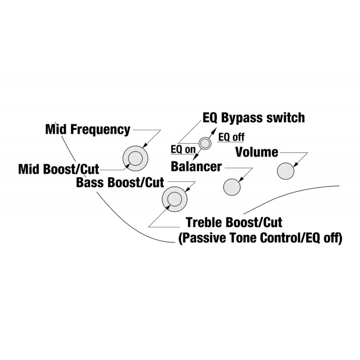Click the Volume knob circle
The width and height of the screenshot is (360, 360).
[x=286, y=171]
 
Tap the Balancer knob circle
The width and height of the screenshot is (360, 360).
[x=232, y=187]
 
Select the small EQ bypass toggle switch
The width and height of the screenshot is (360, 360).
[x=205, y=144]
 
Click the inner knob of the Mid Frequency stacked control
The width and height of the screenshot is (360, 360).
[x=135, y=158]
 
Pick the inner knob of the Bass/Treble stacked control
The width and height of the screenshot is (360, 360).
[x=175, y=199]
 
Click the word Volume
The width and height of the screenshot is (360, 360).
[x=256, y=152]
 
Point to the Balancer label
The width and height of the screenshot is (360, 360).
[x=196, y=166]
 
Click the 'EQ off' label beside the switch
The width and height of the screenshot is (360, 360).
[x=231, y=137]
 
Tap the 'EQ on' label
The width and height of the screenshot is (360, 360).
[x=183, y=149]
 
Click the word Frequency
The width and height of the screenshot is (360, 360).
[x=100, y=130]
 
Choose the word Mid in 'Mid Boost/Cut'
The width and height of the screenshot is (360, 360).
[x=29, y=169]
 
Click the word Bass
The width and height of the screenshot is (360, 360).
[x=91, y=183]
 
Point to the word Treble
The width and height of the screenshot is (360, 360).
[x=204, y=222]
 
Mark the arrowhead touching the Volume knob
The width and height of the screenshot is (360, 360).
[x=296, y=165]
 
